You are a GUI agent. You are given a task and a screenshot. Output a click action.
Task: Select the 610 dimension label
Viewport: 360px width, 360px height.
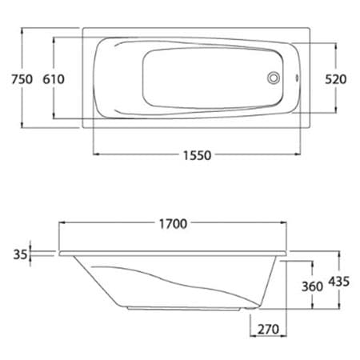[x=53, y=78]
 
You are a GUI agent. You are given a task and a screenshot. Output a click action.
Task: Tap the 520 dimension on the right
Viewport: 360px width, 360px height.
[x=336, y=78]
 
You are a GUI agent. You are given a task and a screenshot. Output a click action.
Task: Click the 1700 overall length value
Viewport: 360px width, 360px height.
[x=170, y=224]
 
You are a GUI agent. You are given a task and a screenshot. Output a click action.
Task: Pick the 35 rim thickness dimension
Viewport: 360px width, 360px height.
[x=20, y=254]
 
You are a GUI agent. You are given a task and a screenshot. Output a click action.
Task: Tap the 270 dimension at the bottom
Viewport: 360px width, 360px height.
[x=269, y=328]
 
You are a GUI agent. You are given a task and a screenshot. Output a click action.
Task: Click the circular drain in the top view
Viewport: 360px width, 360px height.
[x=274, y=78]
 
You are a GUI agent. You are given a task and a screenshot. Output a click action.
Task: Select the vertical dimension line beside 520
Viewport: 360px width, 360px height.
[x=334, y=56]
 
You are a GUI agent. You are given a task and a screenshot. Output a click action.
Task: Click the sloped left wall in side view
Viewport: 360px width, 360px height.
[x=96, y=280]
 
